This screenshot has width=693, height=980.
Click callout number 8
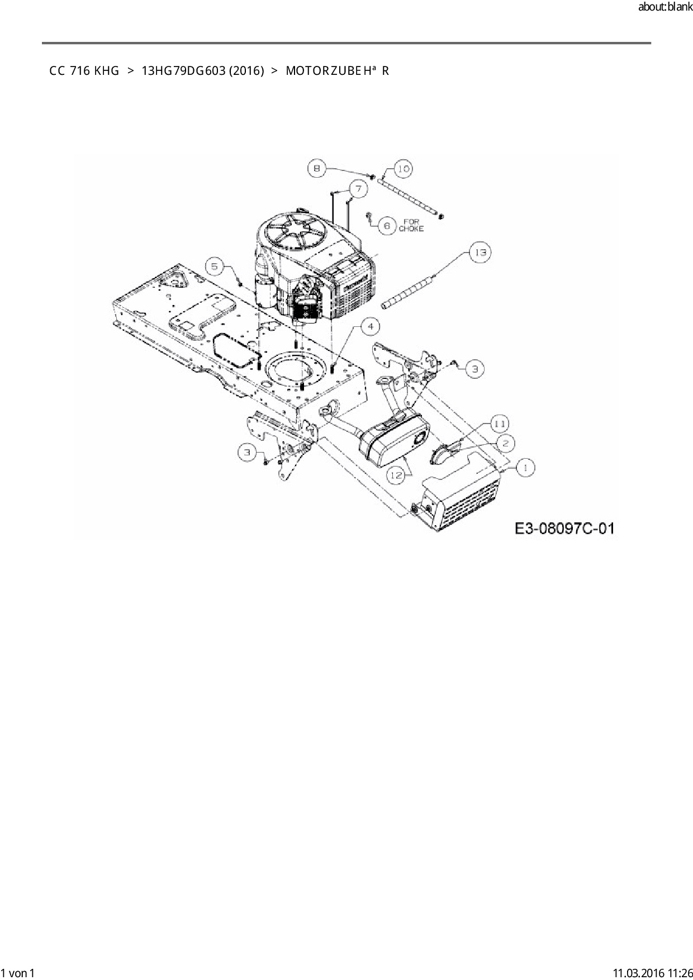[317, 168]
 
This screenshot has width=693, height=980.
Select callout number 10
[404, 168]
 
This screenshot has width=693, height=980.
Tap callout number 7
[359, 189]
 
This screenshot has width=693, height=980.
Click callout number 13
[480, 253]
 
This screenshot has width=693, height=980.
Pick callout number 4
[370, 326]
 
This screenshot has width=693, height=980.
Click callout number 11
[500, 424]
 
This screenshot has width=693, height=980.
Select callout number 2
[505, 444]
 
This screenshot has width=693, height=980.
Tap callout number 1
[525, 467]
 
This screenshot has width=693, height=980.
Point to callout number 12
[396, 475]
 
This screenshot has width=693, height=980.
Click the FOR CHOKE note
[411, 225]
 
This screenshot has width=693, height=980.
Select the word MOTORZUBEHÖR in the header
[337, 71]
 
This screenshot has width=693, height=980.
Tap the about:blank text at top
[664, 7]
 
